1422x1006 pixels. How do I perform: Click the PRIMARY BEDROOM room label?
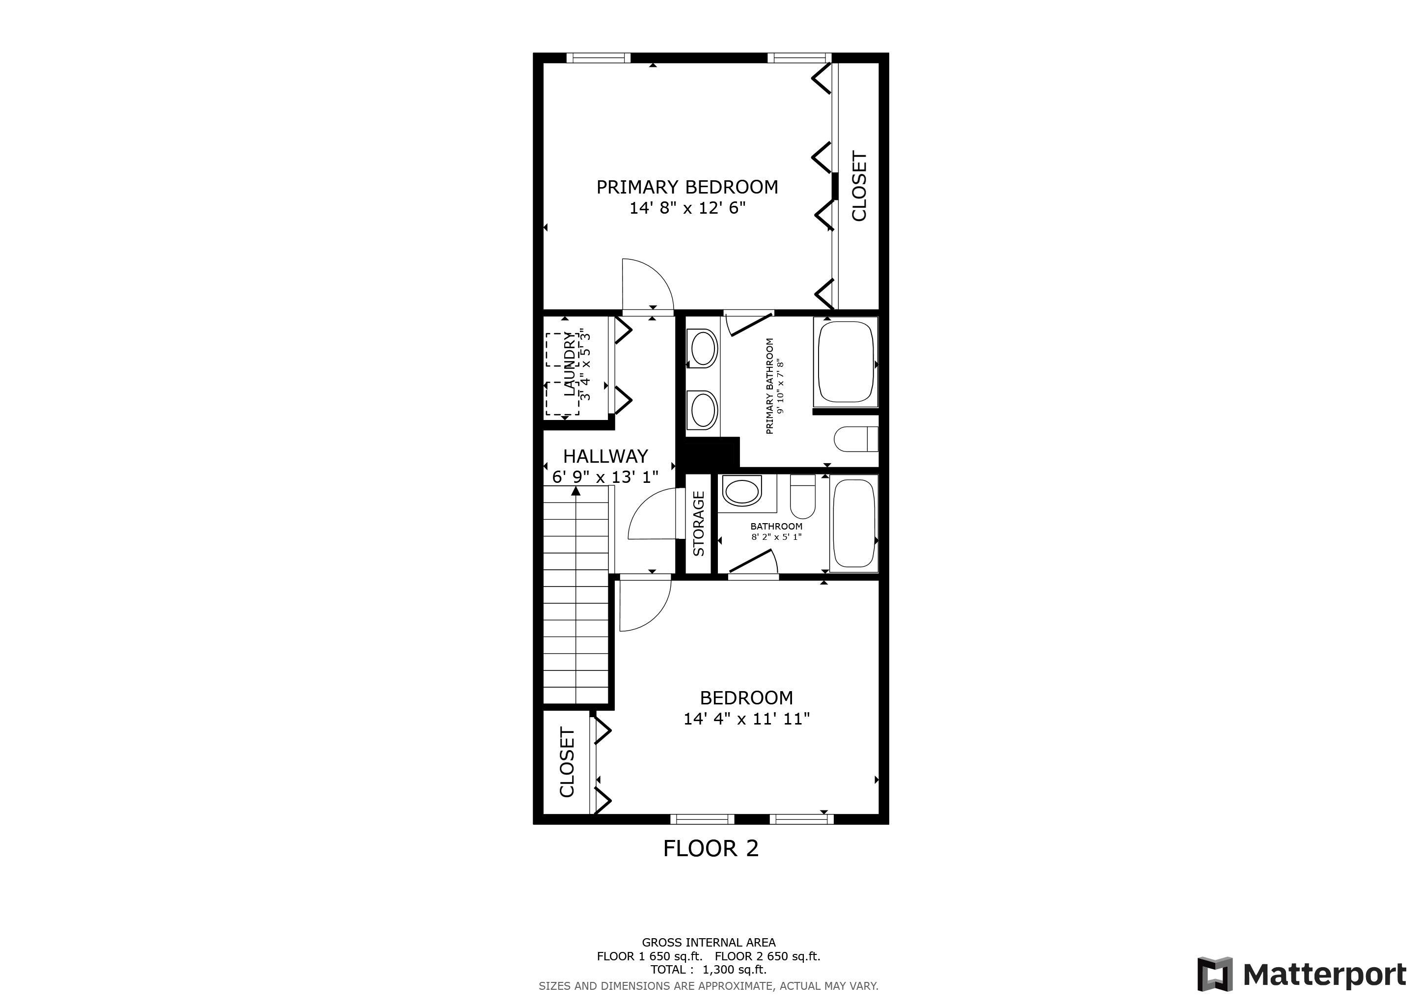(687, 187)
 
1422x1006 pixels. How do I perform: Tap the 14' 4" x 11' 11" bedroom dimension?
(746, 719)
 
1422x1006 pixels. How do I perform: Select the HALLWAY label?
(605, 456)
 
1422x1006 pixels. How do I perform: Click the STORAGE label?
(699, 524)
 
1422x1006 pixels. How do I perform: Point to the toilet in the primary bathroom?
(856, 440)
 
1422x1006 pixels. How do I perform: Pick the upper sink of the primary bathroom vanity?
(703, 349)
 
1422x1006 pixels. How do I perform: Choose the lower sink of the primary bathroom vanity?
(703, 410)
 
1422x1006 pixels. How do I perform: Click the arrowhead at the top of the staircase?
(576, 491)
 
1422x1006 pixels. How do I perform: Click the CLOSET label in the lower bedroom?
(567, 762)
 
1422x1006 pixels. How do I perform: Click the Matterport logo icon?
(1214, 974)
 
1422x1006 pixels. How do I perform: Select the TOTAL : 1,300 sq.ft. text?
(709, 970)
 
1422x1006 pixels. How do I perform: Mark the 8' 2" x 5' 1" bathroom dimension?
(777, 536)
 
